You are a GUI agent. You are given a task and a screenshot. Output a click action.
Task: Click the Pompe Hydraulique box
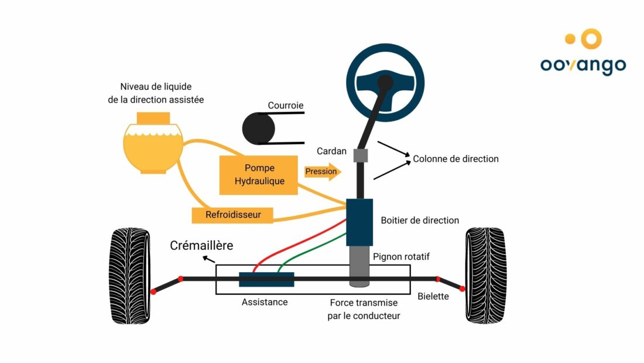pyautogui.click(x=259, y=175)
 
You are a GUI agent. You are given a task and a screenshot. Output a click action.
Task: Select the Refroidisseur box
pyautogui.click(x=233, y=215)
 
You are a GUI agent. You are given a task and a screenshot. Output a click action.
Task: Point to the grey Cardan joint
pyautogui.click(x=361, y=156)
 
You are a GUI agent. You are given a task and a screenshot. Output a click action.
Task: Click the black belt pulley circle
pyautogui.click(x=258, y=128)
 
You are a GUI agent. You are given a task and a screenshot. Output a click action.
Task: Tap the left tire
pyautogui.click(x=129, y=275)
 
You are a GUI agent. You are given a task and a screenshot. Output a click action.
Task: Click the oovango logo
pyautogui.click(x=583, y=53)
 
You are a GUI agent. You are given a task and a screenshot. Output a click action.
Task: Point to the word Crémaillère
pyautogui.click(x=201, y=245)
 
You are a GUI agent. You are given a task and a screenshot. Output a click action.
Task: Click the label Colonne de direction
pyautogui.click(x=455, y=159)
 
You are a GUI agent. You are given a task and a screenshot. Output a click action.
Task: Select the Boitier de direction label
pyautogui.click(x=420, y=220)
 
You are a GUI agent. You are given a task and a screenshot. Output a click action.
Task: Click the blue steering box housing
pyautogui.click(x=359, y=222)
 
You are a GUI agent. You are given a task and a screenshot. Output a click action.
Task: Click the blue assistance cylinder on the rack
pyautogui.click(x=266, y=279)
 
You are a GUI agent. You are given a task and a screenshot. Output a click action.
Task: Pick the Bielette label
pyautogui.click(x=433, y=296)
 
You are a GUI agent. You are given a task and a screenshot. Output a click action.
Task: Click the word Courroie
pyautogui.click(x=286, y=106)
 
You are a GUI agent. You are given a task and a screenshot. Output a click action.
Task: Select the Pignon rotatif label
pyautogui.click(x=401, y=257)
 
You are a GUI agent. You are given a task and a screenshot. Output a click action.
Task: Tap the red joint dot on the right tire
pyautogui.click(x=462, y=288)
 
